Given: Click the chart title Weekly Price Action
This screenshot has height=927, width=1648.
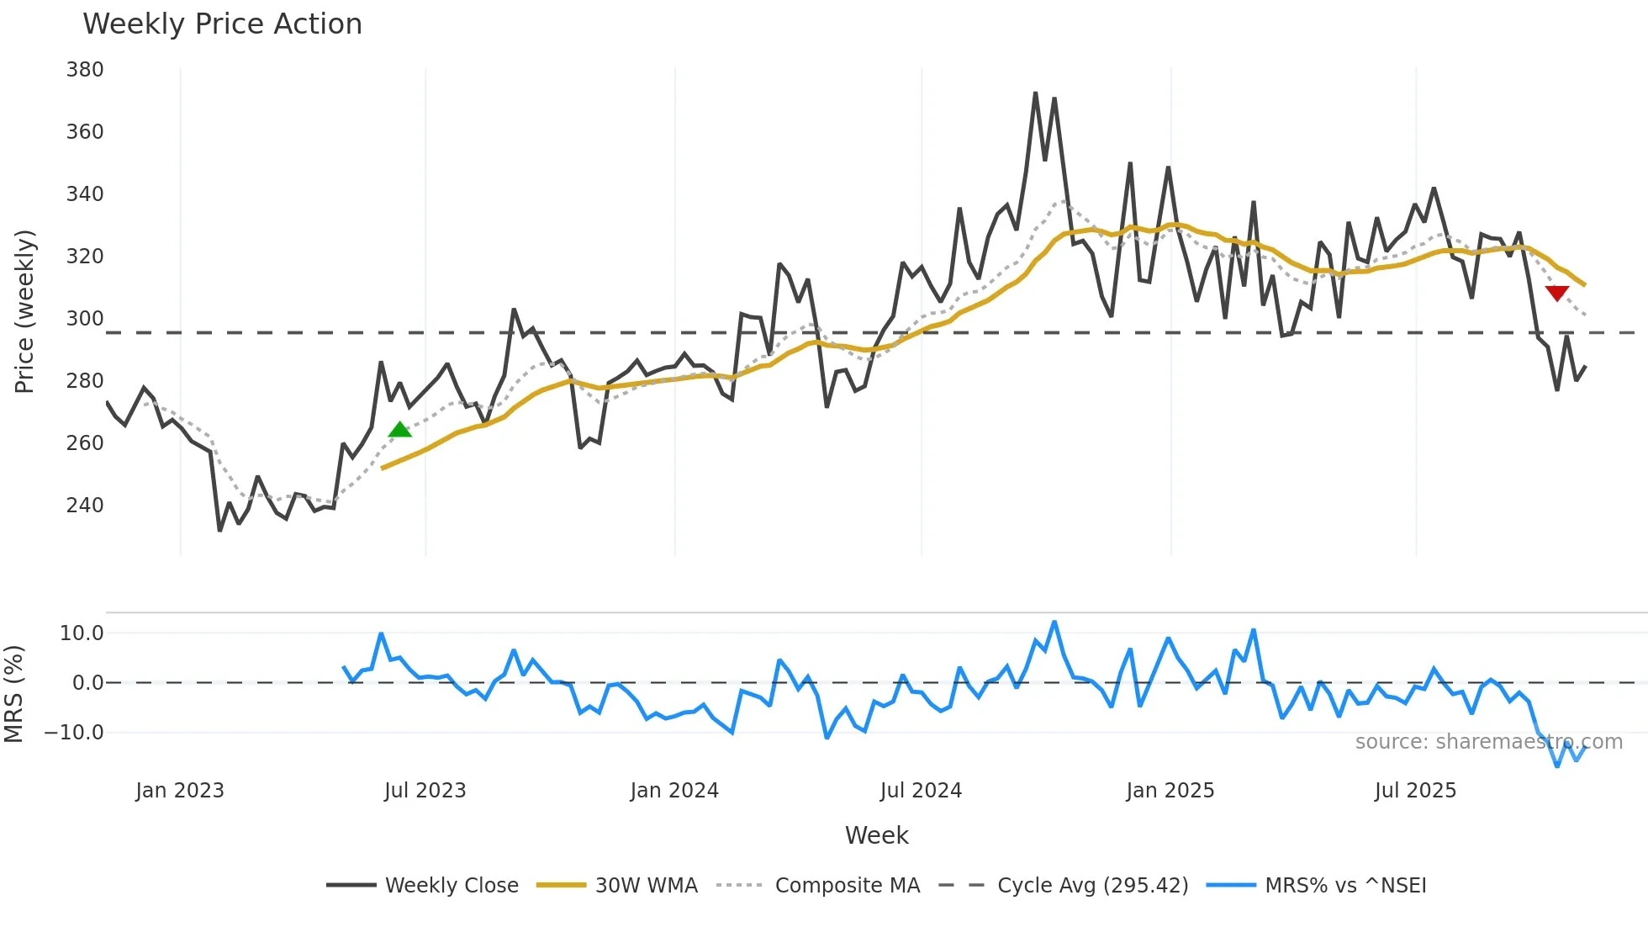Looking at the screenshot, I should (222, 24).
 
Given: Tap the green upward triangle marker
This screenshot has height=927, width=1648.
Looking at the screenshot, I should (400, 430).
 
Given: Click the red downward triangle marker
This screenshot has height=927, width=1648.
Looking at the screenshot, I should (1557, 293).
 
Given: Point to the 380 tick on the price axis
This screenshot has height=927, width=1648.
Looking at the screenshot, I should (85, 70).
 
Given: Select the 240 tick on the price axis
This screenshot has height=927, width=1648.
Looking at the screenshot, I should (85, 506).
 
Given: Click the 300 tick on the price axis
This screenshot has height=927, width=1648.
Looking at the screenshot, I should (85, 319).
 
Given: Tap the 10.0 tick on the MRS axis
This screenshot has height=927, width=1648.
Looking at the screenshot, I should (82, 633).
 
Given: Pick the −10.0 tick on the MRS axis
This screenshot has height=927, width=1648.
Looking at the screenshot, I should (74, 733).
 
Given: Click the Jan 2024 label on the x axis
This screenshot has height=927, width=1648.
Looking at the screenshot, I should (674, 791).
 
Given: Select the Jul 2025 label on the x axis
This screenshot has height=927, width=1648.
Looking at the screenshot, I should (1415, 791).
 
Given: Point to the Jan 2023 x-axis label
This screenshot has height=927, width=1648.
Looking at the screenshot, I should (180, 791).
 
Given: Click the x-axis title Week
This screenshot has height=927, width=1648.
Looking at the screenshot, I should (876, 835).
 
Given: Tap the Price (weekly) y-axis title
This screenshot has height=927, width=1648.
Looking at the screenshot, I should (24, 311).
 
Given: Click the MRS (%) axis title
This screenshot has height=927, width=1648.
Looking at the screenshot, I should (13, 694).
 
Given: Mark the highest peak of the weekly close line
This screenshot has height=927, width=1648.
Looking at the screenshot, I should (1036, 93).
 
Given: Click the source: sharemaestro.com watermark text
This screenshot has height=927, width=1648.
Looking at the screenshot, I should (1488, 742).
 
